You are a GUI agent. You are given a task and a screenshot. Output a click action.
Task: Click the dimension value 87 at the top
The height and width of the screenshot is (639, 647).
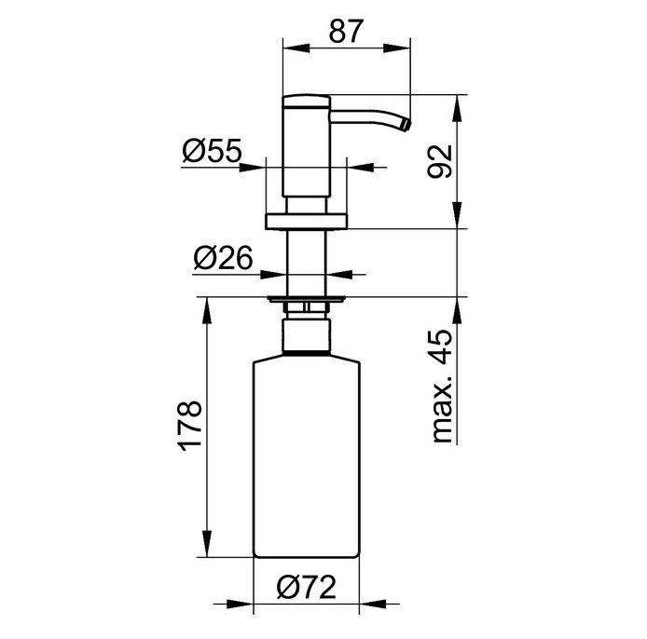(346, 32)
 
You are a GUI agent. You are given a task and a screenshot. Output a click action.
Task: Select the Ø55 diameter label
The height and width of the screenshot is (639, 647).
(212, 150)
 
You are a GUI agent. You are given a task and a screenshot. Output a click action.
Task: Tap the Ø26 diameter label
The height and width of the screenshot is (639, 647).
(223, 258)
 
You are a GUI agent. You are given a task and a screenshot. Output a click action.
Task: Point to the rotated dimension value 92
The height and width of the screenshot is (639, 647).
(440, 161)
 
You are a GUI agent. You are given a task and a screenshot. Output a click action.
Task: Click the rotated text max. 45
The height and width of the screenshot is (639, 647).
(441, 386)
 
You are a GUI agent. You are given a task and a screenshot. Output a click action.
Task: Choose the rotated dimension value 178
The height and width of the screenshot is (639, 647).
(190, 425)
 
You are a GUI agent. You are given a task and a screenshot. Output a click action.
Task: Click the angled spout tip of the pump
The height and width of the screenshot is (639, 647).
(406, 125)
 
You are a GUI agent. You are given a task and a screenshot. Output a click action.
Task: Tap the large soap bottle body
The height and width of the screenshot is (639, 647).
(307, 458)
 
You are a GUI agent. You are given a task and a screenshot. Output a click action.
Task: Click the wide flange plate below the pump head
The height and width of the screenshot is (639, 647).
(306, 222)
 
